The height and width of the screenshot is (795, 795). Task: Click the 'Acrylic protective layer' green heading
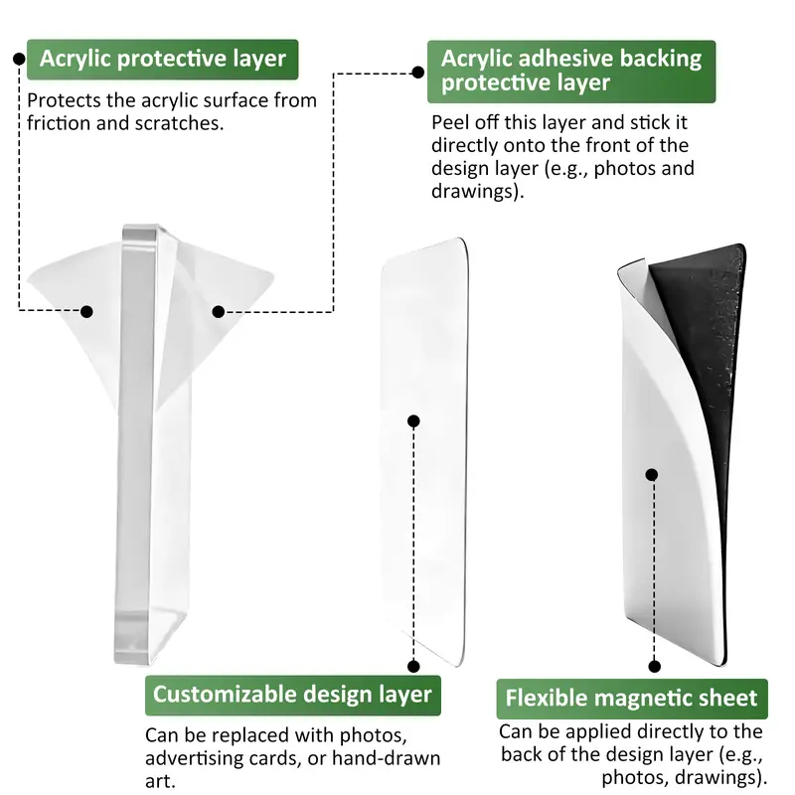point(162,60)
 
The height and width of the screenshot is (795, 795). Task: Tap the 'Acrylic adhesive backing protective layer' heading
point(571,72)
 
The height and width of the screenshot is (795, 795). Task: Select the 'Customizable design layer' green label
point(292,695)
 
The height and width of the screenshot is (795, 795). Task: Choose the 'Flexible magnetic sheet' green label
point(632,699)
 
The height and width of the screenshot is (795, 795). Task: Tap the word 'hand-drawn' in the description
point(386,758)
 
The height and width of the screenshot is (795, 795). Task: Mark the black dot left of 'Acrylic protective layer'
point(19,60)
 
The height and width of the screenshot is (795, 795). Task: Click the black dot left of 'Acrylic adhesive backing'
point(418,73)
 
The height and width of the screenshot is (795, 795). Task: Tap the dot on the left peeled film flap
point(86,311)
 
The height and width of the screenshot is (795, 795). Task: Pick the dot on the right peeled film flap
point(219,311)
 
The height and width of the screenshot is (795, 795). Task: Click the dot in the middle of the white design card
point(413,420)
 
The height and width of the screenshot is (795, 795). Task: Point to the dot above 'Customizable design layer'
point(413,666)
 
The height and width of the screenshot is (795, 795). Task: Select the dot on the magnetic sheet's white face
point(652,475)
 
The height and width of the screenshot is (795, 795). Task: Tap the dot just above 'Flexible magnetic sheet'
point(655,666)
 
